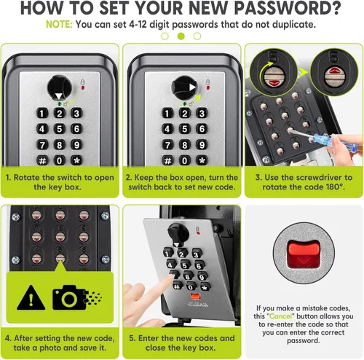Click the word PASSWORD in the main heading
click(288, 8)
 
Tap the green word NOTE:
click(59, 25)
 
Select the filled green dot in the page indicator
click(181, 36)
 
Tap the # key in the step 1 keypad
click(42, 160)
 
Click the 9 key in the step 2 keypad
click(202, 145)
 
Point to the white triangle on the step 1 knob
click(59, 96)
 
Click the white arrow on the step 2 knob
click(193, 87)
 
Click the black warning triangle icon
click(31, 298)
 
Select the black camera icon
click(69, 297)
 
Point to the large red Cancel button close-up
click(304, 254)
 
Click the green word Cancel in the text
click(280, 316)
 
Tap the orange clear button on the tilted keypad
click(195, 297)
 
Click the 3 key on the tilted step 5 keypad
click(197, 254)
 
